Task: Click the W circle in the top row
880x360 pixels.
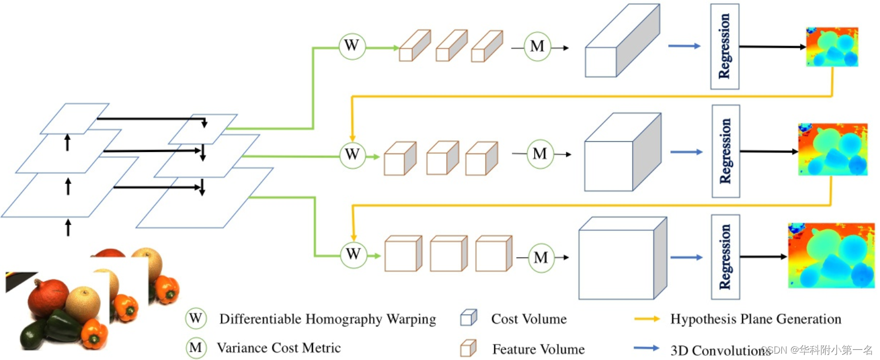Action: [352, 46]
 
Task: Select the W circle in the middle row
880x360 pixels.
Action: [353, 155]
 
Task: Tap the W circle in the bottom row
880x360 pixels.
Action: [354, 254]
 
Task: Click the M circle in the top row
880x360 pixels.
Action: [537, 47]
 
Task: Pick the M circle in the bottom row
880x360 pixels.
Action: [541, 258]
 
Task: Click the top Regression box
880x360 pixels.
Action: [724, 46]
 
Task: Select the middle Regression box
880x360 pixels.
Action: [725, 151]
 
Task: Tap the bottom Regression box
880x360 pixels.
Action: [725, 257]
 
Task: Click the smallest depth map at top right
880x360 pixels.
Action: [832, 47]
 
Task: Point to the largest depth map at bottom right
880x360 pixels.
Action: [831, 256]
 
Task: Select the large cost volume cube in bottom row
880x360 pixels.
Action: [622, 259]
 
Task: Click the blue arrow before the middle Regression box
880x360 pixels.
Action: [686, 153]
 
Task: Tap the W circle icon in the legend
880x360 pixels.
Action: [196, 319]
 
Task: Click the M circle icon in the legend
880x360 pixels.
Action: [196, 348]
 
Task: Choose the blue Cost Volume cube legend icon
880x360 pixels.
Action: [468, 318]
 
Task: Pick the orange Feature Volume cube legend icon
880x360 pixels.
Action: [468, 348]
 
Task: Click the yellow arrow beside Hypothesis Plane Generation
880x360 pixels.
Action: [647, 319]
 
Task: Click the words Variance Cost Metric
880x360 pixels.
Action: [278, 348]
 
